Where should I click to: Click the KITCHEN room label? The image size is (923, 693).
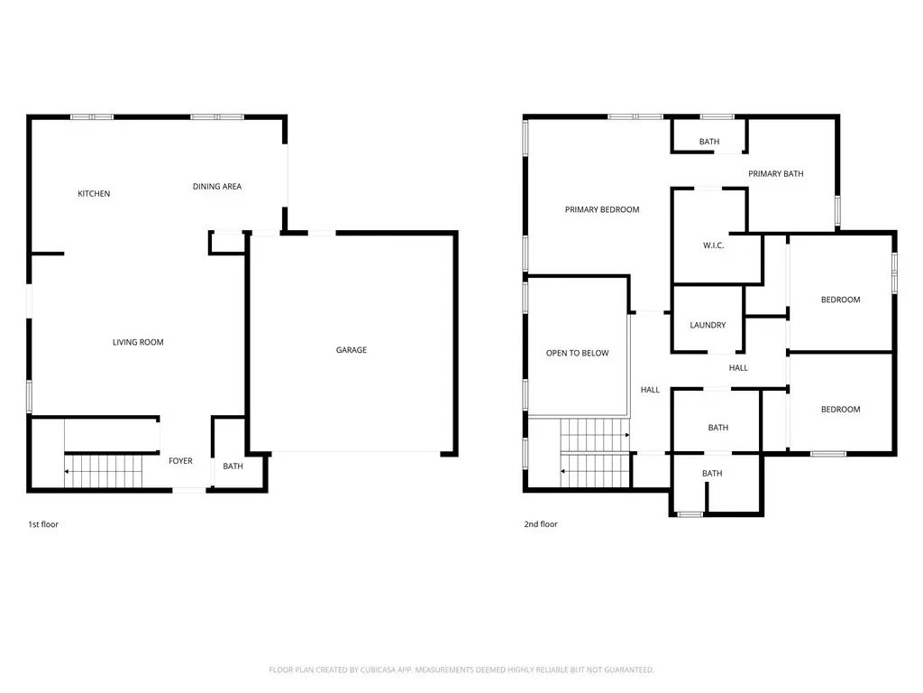point(94,193)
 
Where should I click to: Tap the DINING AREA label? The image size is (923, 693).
point(217,186)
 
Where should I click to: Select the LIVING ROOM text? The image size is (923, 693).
point(138,342)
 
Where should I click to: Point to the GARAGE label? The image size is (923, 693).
point(352,350)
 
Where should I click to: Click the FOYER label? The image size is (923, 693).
point(180,461)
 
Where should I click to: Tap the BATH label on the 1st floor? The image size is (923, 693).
point(233,467)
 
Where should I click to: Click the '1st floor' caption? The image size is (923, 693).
point(43,524)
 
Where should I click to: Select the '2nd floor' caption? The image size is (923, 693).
point(541,524)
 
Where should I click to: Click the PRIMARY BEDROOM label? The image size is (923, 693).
point(601,209)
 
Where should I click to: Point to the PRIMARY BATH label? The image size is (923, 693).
point(775,174)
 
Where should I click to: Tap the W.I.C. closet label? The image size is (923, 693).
point(713,245)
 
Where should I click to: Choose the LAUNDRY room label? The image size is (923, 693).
point(708,325)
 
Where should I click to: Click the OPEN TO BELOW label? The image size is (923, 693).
point(577,353)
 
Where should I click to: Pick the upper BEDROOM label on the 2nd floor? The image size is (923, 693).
point(840,300)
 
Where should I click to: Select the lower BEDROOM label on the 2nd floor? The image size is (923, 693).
point(840,409)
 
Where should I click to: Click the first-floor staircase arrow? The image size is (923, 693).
point(104,471)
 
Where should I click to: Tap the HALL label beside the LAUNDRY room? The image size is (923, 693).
point(738,368)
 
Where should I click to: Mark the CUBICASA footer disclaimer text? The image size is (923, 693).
point(461,670)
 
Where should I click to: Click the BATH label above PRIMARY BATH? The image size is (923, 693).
point(708,142)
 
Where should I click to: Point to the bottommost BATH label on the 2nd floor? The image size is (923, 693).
point(712,473)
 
